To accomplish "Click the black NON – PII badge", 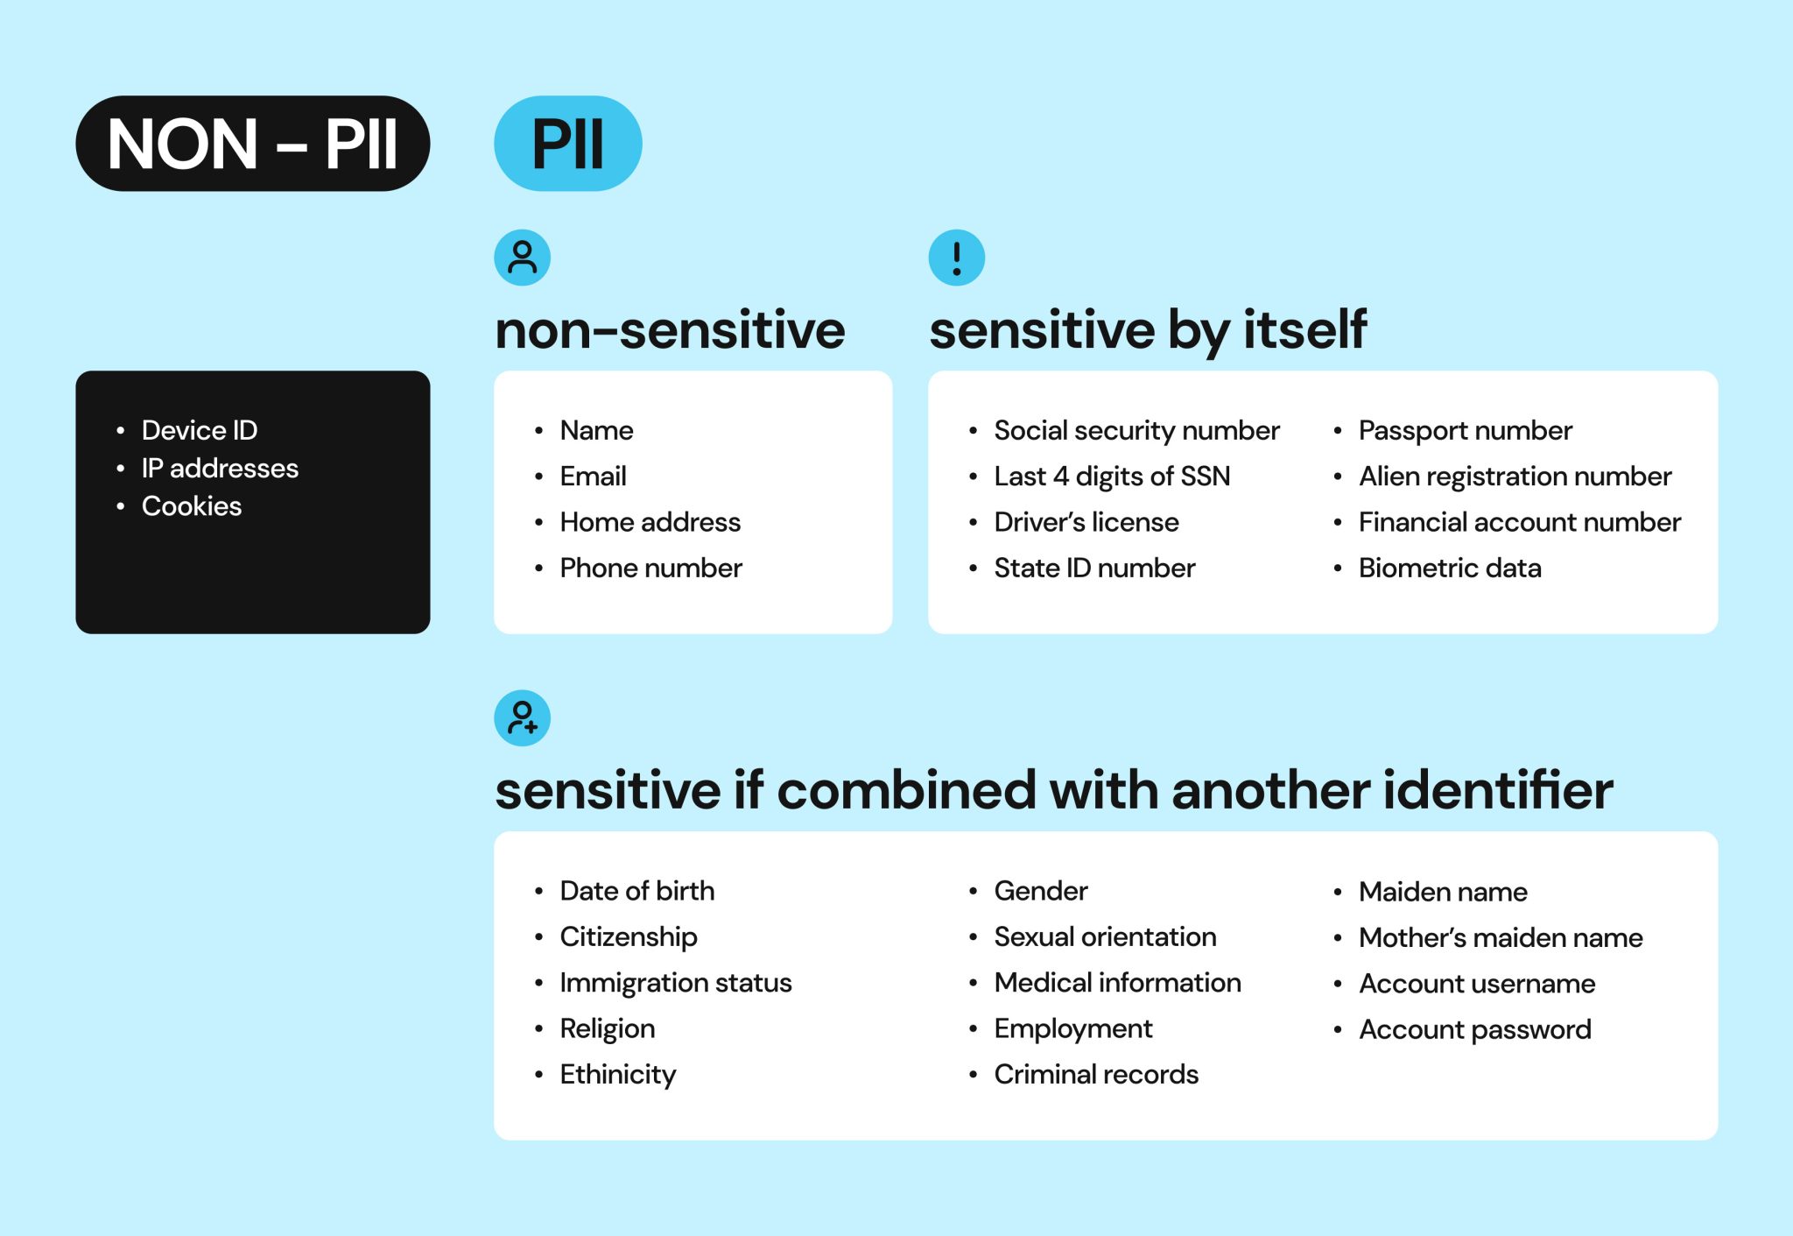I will [252, 144].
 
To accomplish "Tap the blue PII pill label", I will [567, 144].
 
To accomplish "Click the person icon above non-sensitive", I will [522, 258].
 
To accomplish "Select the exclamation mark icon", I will [956, 258].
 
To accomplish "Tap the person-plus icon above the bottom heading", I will [522, 718].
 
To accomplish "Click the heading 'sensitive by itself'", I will [1147, 330].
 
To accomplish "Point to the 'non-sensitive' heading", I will [670, 330].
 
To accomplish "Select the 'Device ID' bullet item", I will [200, 430].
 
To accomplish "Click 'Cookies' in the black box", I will [191, 505].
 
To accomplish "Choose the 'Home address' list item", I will [650, 522].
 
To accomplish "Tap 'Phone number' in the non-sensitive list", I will [650, 568].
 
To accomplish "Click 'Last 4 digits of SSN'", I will [1112, 476].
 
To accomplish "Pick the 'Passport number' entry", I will [1465, 430].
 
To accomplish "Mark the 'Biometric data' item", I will [1450, 568].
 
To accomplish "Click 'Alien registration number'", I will [1515, 476].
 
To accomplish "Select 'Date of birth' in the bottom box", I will [636, 891].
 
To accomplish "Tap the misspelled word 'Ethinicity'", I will [617, 1074].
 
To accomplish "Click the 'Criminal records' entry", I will [1095, 1074].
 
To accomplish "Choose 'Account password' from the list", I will [1474, 1029].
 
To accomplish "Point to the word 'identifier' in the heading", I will [1497, 790].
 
